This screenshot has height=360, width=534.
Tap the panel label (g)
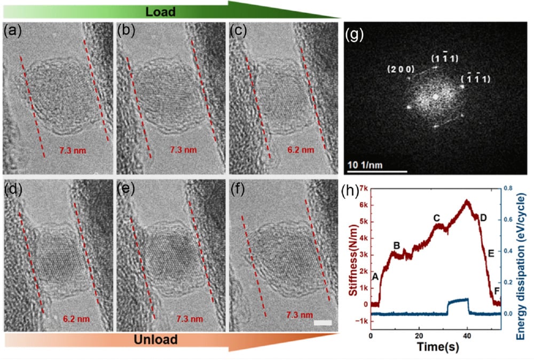click(x=355, y=36)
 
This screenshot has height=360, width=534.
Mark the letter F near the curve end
click(x=497, y=291)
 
